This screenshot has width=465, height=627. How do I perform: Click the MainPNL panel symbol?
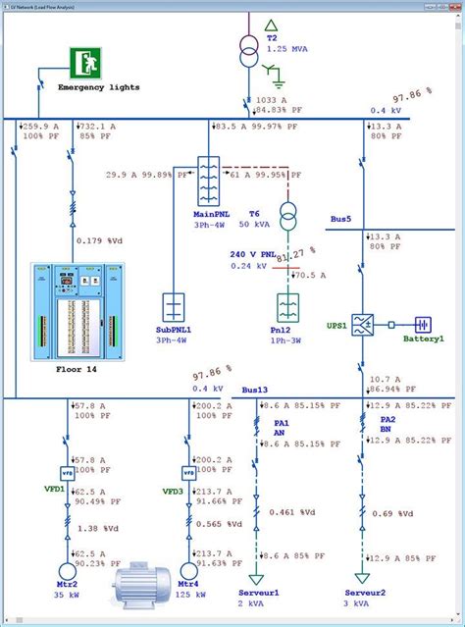[207, 179]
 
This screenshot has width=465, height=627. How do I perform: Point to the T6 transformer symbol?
[287, 214]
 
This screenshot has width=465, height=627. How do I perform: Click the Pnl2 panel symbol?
[287, 307]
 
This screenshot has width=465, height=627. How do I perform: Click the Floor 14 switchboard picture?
[65, 310]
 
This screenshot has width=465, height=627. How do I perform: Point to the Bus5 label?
[340, 220]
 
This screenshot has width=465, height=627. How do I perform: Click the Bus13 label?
[254, 391]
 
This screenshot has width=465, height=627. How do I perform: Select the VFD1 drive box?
[68, 472]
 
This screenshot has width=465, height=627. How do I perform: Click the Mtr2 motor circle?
[68, 571]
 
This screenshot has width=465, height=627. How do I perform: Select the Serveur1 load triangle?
[258, 578]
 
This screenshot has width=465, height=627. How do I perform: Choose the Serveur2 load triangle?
[363, 578]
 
